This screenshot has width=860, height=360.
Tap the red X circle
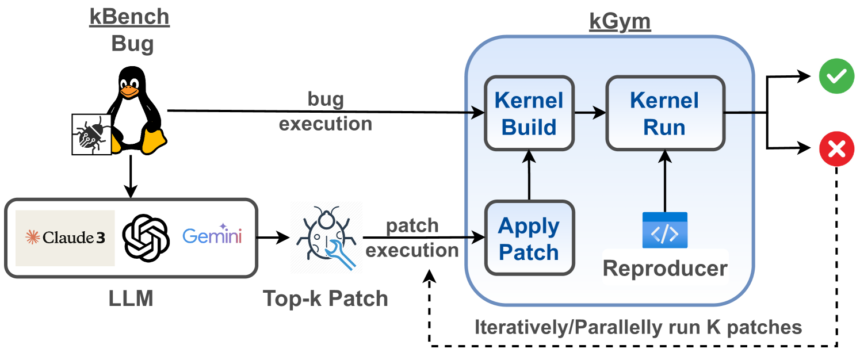(836, 150)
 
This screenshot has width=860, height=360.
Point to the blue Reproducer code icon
(665, 230)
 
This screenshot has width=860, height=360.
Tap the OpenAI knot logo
(147, 237)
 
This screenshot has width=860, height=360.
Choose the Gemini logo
(212, 236)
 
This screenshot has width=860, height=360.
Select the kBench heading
(129, 17)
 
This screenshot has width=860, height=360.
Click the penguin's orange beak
(130, 91)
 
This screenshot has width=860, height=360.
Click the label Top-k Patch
(326, 298)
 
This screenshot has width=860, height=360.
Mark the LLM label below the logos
(131, 298)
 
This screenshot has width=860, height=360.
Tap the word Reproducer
(665, 268)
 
